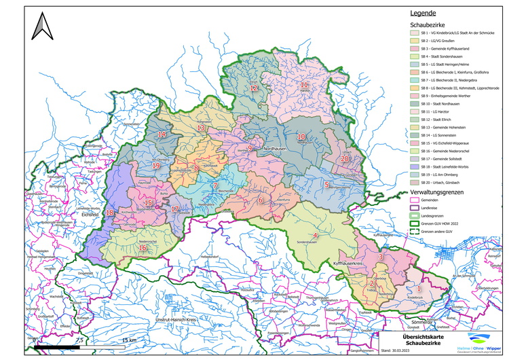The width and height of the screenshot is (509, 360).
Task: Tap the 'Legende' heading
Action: [422, 12]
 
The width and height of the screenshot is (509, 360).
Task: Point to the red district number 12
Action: [253, 88]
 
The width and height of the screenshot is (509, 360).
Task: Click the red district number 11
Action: [304, 85]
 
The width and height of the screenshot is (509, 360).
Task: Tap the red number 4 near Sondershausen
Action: [315, 236]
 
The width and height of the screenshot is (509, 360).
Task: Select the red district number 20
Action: [344, 158]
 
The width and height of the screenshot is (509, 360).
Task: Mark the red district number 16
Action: [143, 248]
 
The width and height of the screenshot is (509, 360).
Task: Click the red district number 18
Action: [110, 213]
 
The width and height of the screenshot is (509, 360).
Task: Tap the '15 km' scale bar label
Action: [128, 340]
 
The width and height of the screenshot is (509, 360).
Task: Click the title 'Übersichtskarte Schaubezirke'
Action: [409, 339]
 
